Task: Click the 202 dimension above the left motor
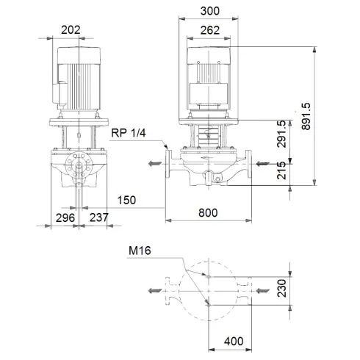pos(71,30)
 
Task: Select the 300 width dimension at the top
pos(209,12)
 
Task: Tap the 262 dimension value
pos(209,30)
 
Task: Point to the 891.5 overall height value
pos(328,115)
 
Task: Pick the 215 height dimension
pos(282,176)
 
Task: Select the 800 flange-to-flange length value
pos(209,214)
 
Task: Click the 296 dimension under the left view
pos(66,217)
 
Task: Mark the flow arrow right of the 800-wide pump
pos(264,165)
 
